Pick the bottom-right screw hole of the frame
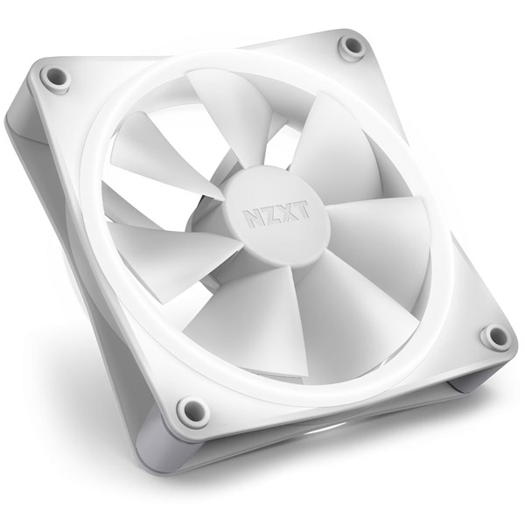click(x=495, y=335)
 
